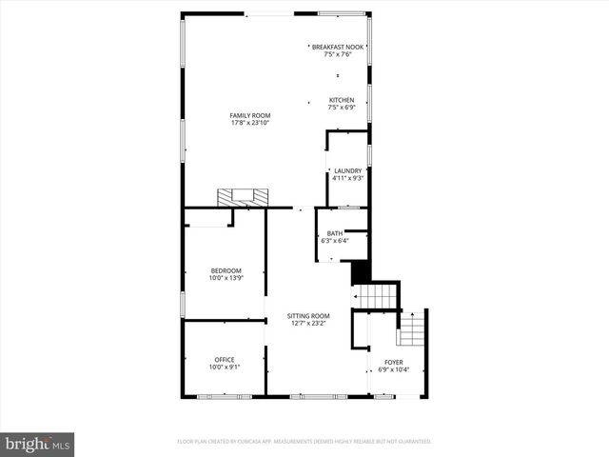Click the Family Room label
[x=250, y=115]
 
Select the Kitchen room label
[x=342, y=100]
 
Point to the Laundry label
[x=347, y=170]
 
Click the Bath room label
[x=335, y=233]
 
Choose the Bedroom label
[x=226, y=269]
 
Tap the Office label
[x=225, y=359]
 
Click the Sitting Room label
[x=310, y=315]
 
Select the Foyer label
[x=393, y=362]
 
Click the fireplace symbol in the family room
[x=243, y=197]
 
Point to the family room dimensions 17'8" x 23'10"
[x=250, y=123]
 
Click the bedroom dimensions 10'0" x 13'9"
[x=226, y=277]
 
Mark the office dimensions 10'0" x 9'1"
[x=225, y=367]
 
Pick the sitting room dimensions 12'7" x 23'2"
[x=310, y=323]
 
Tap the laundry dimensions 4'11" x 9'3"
[x=347, y=178]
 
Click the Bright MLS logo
[x=38, y=444]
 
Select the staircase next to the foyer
[x=411, y=331]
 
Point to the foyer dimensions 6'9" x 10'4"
[x=393, y=369]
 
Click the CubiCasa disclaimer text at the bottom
[x=304, y=442]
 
